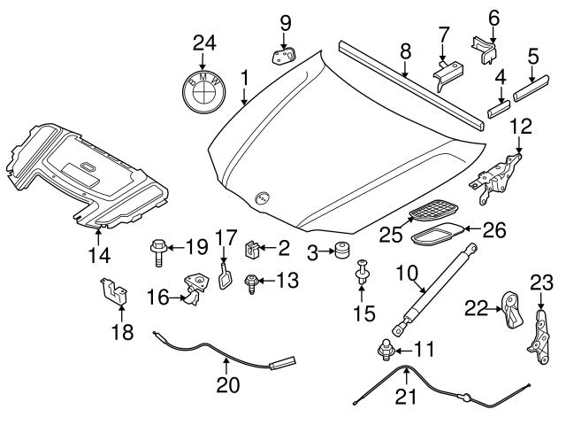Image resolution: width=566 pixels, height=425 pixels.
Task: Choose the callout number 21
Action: click(x=405, y=397)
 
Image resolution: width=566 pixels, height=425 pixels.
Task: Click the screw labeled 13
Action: click(x=250, y=282)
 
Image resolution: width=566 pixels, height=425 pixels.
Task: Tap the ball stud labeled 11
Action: click(x=386, y=352)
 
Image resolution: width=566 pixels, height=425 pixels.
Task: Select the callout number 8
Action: click(x=404, y=51)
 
